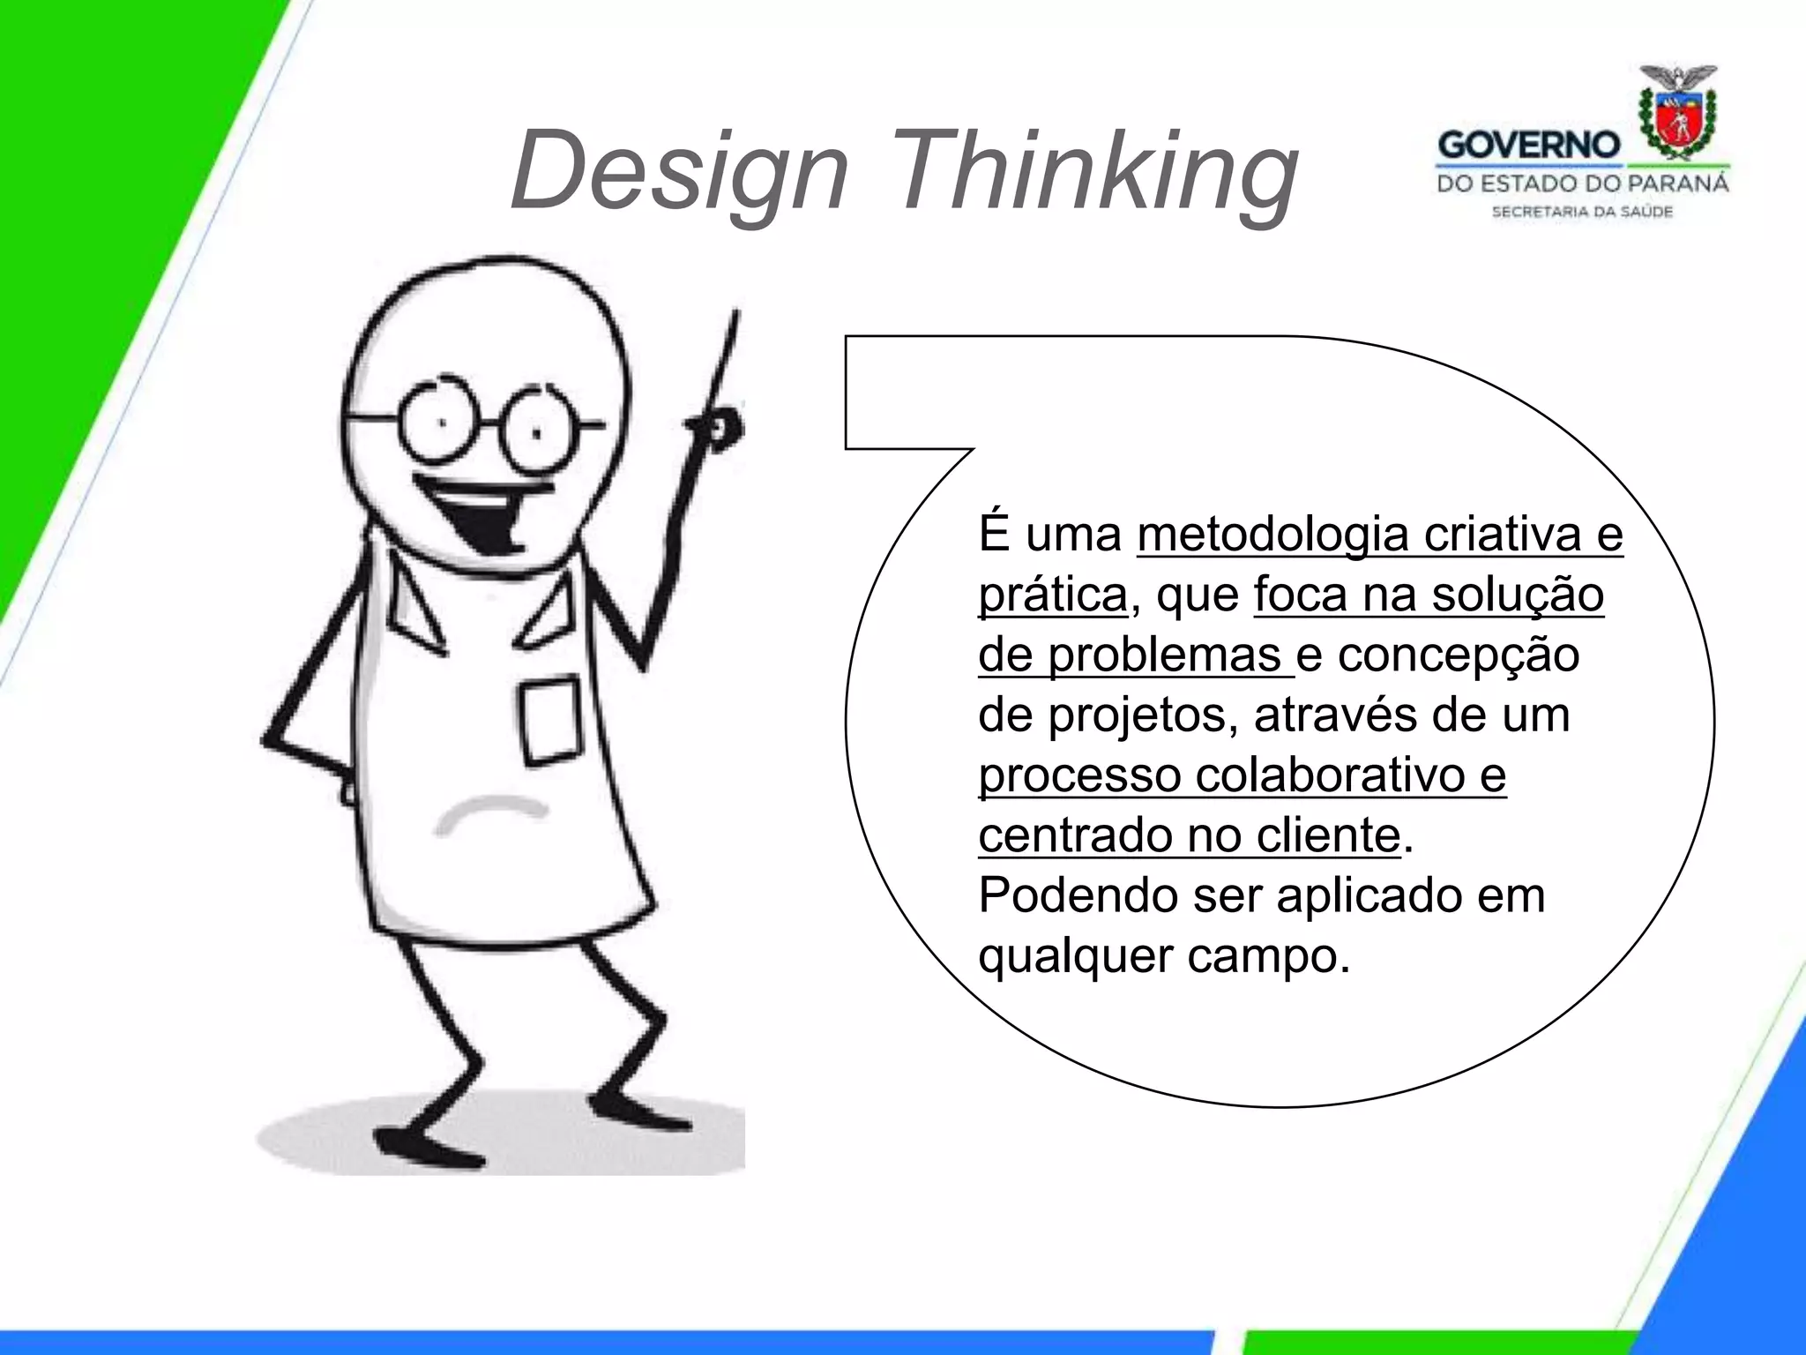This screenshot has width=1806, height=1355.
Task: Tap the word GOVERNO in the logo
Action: pyautogui.click(x=1529, y=145)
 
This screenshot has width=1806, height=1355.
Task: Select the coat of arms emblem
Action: pyautogui.click(x=1676, y=116)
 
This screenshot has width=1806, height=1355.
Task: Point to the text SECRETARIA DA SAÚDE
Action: pyautogui.click(x=1582, y=212)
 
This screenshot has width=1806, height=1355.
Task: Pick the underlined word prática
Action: pyautogui.click(x=1053, y=595)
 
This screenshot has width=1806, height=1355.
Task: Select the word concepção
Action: pyautogui.click(x=1459, y=655)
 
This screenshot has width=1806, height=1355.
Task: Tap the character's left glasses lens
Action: pyautogui.click(x=438, y=423)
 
